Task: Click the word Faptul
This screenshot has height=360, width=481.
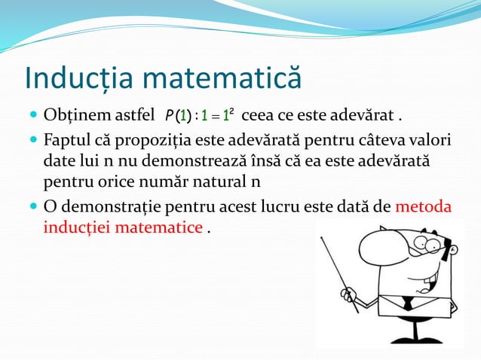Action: pyautogui.click(x=64, y=140)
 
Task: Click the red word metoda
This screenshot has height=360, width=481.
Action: pyautogui.click(x=423, y=206)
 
